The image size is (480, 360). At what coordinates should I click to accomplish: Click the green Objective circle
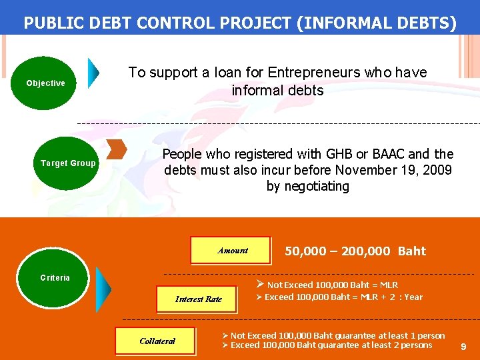[x=45, y=83]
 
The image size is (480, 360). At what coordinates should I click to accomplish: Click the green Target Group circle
[x=68, y=163]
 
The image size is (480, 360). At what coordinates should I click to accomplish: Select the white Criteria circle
[x=55, y=277]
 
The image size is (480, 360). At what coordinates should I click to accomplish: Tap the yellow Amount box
[x=231, y=251]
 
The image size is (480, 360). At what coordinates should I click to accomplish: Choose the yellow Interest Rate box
[x=198, y=299]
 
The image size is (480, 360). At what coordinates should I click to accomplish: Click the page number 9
[x=463, y=347]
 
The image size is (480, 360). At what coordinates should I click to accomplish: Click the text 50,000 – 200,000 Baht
[x=355, y=251]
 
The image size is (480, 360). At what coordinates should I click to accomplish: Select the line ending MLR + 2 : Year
[x=339, y=297]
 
